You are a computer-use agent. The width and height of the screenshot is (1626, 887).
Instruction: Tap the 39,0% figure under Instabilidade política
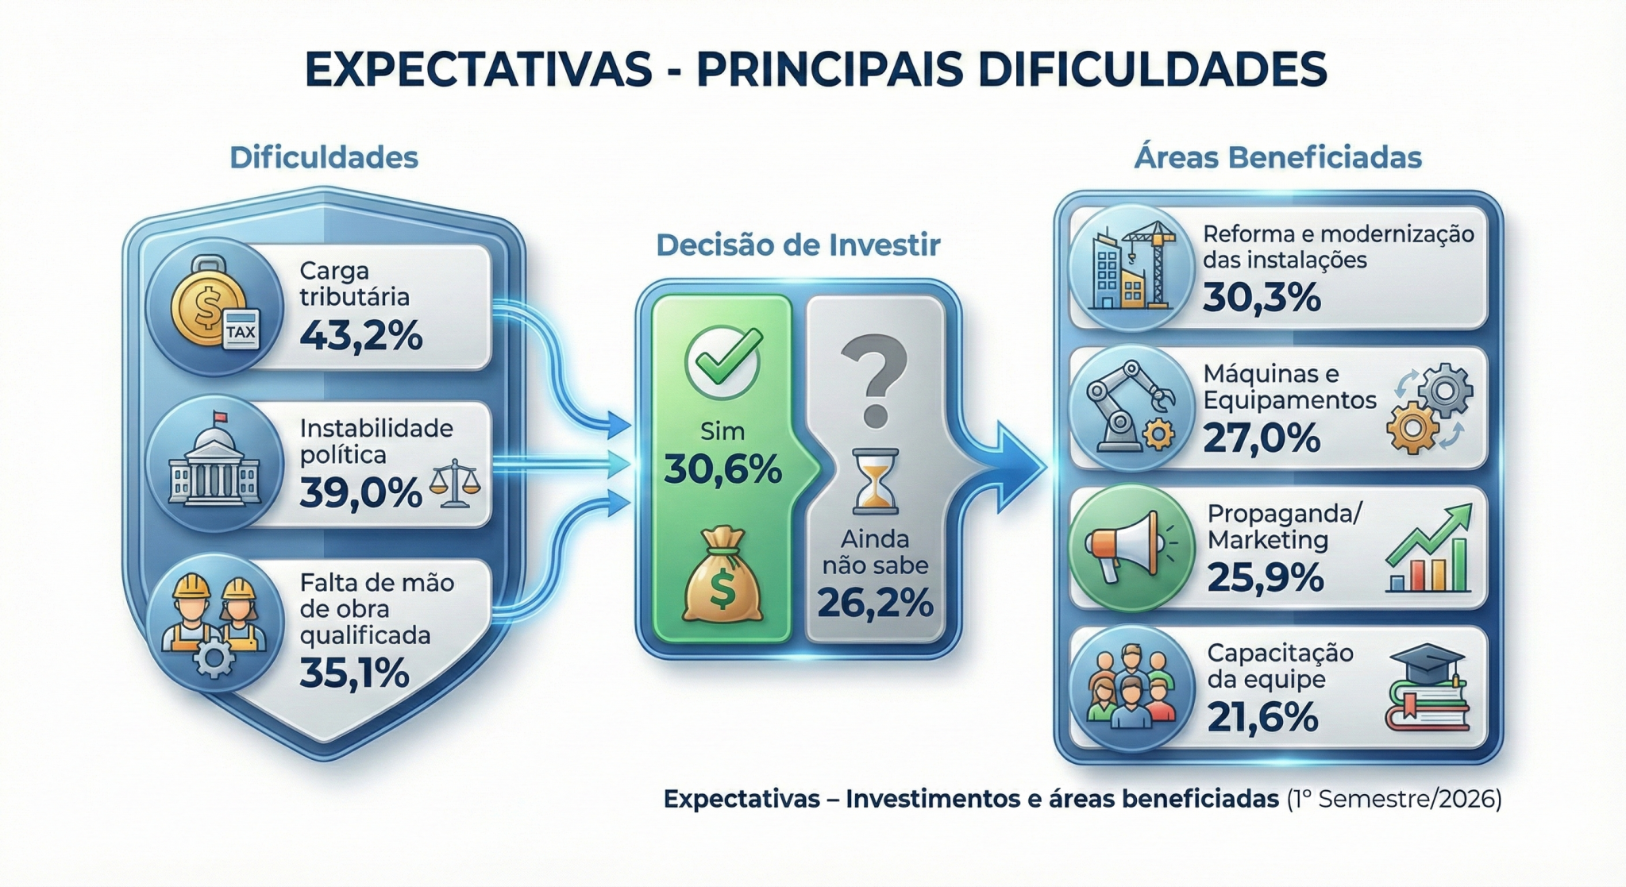pos(360,493)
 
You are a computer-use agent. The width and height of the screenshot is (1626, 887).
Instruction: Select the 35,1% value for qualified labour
pos(355,673)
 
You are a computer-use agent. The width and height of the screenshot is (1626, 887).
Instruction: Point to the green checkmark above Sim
pos(723,362)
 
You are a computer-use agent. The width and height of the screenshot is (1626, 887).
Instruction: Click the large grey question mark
pos(874,380)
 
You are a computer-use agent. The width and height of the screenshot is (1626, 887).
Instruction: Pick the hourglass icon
pos(874,481)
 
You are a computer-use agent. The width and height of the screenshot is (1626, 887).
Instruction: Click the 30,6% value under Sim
pos(722,469)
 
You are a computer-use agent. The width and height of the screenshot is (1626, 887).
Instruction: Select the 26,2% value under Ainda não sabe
pos(875,603)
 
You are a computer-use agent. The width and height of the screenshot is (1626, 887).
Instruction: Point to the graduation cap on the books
pos(1428,660)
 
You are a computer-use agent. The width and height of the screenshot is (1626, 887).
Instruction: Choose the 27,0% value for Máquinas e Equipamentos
pos(1262,438)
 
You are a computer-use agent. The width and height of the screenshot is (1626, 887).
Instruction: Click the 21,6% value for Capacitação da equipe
pos(1262,717)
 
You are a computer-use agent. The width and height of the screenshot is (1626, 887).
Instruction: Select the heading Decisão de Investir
pos(798,245)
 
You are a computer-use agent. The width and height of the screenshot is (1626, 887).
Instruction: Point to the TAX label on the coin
pos(241,331)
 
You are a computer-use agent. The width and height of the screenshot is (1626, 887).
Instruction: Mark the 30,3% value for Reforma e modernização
pos(1262,298)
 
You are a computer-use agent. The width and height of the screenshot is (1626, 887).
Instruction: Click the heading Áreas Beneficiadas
pos(1277,156)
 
